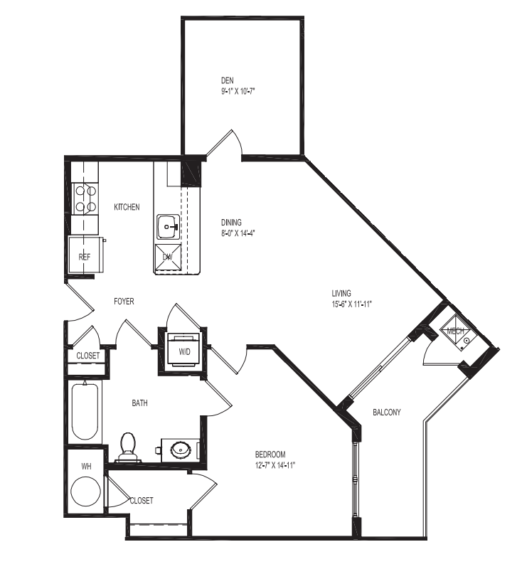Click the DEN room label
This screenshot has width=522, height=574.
coord(227,80)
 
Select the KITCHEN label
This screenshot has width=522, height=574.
coord(127,207)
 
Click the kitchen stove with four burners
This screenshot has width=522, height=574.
coord(85,198)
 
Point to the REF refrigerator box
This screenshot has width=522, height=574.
coord(85,256)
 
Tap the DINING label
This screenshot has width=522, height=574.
coord(230,222)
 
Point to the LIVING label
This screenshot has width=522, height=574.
coord(343,293)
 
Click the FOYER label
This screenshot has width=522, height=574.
coord(124,302)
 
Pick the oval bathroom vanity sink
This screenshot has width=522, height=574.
coord(181,449)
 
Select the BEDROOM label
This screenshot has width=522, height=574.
coord(270,455)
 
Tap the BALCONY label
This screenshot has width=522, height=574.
coord(387,412)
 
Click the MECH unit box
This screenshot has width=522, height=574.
coord(455,331)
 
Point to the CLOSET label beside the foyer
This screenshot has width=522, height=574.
coord(88,356)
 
